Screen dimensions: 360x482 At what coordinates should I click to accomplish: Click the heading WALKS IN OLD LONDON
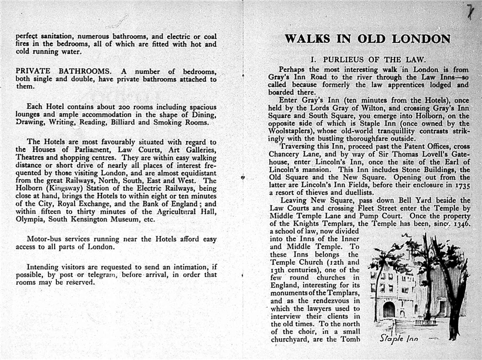coord(368,39)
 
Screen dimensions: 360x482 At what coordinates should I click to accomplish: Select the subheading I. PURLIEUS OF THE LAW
coord(368,59)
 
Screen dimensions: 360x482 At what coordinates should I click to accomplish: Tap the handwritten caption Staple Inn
coord(399,338)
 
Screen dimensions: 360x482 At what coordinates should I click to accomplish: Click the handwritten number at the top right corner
coord(470,10)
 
